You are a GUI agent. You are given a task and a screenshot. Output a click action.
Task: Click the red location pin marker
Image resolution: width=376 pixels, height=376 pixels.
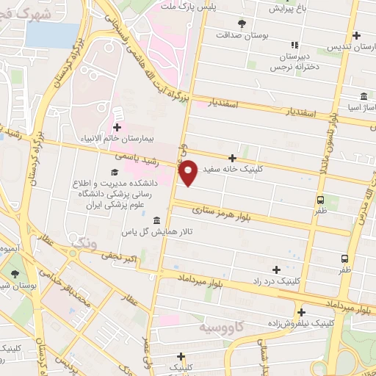pos(188,173)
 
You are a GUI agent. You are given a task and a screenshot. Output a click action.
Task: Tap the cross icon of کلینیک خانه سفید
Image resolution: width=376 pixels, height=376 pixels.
pos(233,157)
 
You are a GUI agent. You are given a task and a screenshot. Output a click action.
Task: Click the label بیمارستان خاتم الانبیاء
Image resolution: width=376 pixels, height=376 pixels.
pos(118,137)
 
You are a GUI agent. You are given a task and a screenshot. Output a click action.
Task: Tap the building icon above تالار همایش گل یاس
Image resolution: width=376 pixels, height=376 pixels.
pos(156,221)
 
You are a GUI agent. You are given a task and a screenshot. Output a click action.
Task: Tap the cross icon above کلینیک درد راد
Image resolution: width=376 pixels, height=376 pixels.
pos(276,270)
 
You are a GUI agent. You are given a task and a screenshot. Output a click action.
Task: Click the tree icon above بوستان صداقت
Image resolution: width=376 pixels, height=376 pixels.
pos(242,24)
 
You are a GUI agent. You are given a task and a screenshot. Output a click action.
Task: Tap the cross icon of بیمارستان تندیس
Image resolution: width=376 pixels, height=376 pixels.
pos(356,35)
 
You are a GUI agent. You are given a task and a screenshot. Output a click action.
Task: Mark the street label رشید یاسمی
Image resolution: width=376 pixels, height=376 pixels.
pos(133,156)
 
